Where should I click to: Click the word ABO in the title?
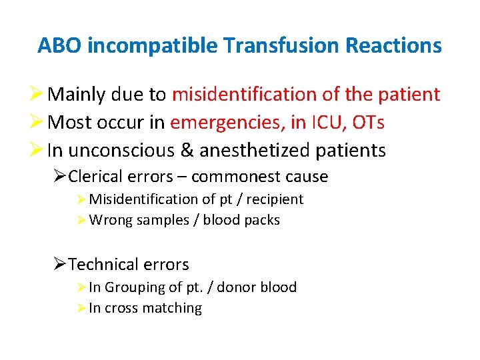coord(60,45)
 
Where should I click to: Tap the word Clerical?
coord(94,177)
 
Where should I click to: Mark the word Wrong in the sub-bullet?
coord(111,220)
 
